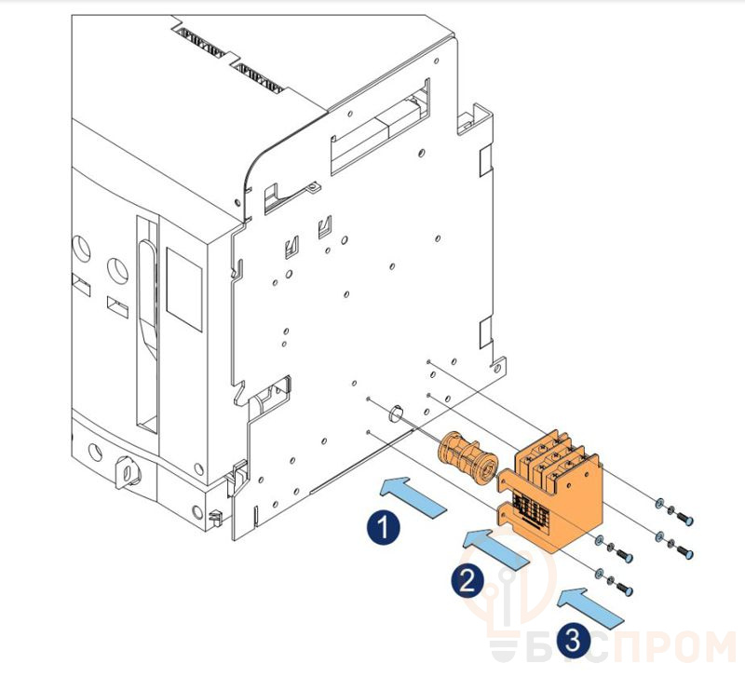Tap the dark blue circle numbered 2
point(467,580)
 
